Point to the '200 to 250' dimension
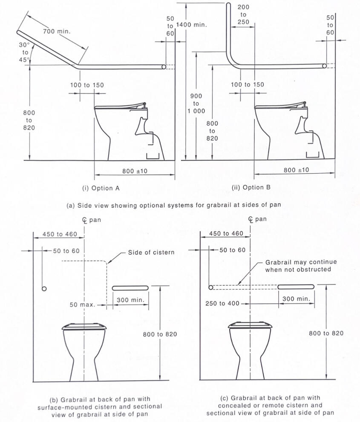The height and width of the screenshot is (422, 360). (243, 15)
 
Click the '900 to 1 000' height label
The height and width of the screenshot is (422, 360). (196, 103)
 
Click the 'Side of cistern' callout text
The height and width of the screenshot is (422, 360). (151, 253)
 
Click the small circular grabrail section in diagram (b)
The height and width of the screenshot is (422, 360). (44, 289)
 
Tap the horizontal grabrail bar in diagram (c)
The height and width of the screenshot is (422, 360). (296, 287)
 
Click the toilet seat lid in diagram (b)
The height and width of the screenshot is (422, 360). (85, 327)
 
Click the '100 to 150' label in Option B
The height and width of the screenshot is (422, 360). (247, 85)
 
